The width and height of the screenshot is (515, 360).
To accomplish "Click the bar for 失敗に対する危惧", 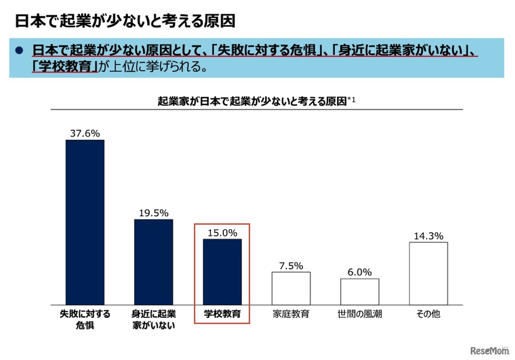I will tap(85, 222).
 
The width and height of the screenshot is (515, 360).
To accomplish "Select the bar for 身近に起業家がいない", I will tap(153, 262).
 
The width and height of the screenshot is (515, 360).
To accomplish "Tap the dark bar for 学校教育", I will tap(222, 272).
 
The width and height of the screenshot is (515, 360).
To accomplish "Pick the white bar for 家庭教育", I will tap(291, 288).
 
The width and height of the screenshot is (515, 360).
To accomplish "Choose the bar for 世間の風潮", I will tap(360, 292).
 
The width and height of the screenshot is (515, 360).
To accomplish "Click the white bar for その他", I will tap(428, 273).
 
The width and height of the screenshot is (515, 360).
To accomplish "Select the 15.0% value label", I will tap(222, 233).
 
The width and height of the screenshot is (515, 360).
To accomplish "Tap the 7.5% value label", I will tap(290, 266).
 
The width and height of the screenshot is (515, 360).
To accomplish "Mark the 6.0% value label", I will tap(359, 272).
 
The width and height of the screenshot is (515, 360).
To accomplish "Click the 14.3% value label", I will tap(428, 236).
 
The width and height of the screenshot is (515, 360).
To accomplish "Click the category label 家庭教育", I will tap(291, 314).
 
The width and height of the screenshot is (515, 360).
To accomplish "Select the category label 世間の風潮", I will tap(360, 314).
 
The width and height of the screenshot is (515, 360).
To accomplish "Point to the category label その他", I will tap(428, 314).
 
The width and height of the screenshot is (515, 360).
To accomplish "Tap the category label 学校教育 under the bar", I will tap(222, 314).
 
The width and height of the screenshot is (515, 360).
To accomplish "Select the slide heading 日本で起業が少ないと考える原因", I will tap(125, 21).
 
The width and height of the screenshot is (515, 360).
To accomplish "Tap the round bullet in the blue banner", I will tap(19, 51).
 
